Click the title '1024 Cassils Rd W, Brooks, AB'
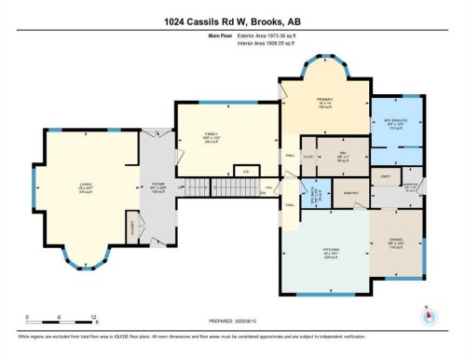click(x=232, y=21)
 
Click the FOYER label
click(x=157, y=187)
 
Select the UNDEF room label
click(x=382, y=175)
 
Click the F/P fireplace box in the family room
click(x=246, y=172)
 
